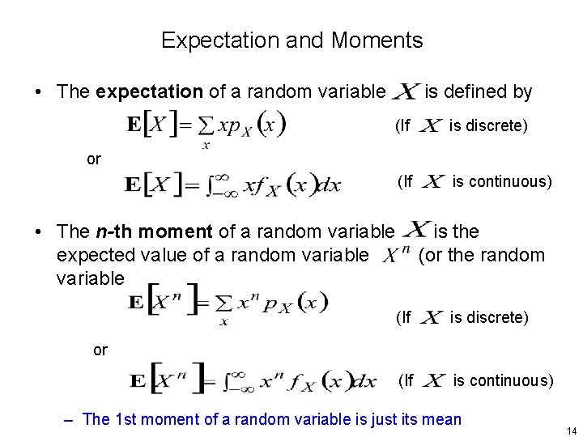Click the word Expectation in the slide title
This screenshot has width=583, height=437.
[208, 40]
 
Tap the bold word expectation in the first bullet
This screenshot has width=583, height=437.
[150, 91]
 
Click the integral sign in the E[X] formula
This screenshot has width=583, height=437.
[213, 185]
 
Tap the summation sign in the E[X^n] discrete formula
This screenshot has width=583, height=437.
[223, 304]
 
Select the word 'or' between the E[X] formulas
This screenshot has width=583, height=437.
[94, 159]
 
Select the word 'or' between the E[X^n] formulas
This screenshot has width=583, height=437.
[100, 350]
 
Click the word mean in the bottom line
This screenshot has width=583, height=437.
[442, 419]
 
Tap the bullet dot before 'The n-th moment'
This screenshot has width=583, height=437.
[40, 232]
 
